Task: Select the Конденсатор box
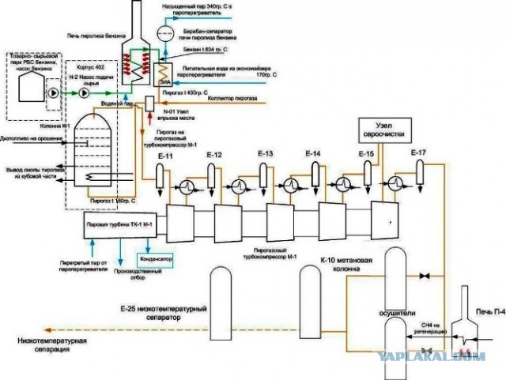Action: click(x=154, y=258)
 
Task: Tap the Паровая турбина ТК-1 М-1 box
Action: click(x=115, y=225)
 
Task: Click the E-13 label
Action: click(x=265, y=152)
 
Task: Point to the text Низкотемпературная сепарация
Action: click(x=51, y=345)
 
